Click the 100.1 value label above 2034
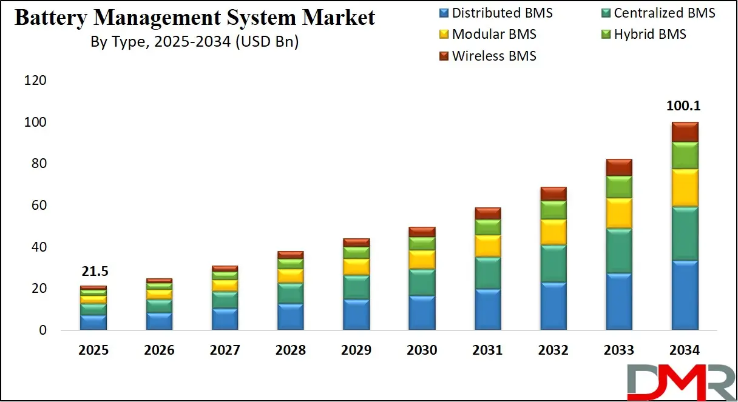(685, 106)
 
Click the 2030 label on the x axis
(422, 350)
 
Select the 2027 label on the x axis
(225, 350)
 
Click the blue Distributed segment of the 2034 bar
(685, 295)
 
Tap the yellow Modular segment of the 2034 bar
(685, 188)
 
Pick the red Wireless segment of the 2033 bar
(619, 167)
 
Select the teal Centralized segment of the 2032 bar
(553, 264)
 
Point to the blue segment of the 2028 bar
(290, 317)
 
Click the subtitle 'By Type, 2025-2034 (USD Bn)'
(194, 42)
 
